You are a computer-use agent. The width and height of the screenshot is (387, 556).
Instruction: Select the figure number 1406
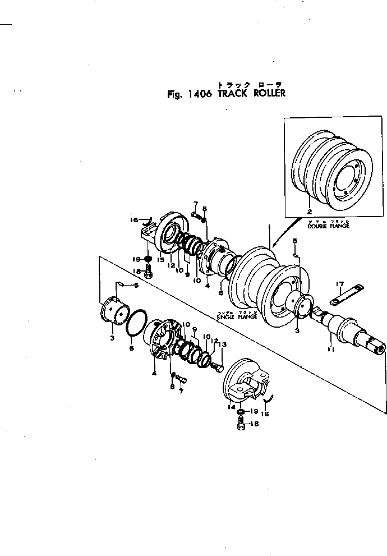click(x=199, y=94)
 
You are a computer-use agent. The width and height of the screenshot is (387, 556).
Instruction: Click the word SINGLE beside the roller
click(x=225, y=316)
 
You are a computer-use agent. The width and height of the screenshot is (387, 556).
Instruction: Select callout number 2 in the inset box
click(x=309, y=212)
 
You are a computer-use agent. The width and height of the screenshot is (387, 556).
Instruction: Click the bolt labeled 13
click(x=219, y=367)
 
